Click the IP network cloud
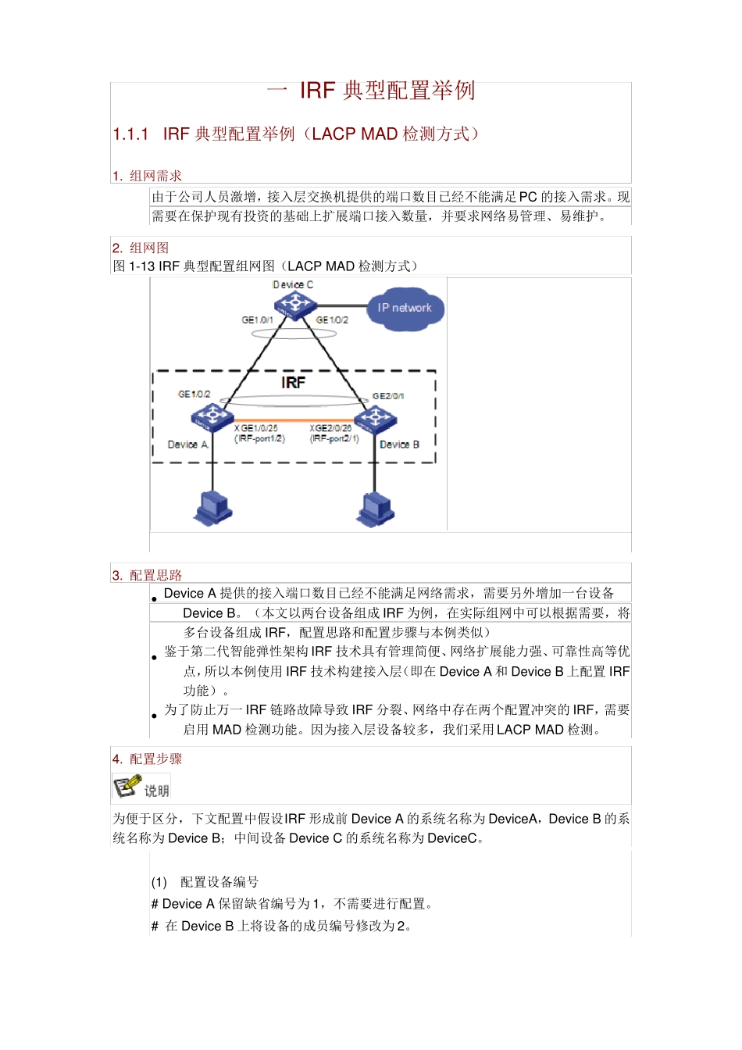click(405, 309)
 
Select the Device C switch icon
click(293, 305)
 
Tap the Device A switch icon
click(212, 419)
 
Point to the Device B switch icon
click(376, 420)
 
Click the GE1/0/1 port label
click(257, 320)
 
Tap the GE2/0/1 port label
click(388, 396)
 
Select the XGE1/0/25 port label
click(255, 428)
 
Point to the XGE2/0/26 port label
click(330, 428)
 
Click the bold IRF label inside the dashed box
click(293, 382)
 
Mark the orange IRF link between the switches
click(294, 421)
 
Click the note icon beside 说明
click(127, 787)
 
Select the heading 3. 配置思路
click(147, 575)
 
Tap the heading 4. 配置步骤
click(147, 759)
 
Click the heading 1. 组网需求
click(147, 176)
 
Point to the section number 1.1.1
click(130, 134)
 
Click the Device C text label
click(293, 285)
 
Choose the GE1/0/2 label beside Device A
click(194, 395)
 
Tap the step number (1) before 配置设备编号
click(159, 882)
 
